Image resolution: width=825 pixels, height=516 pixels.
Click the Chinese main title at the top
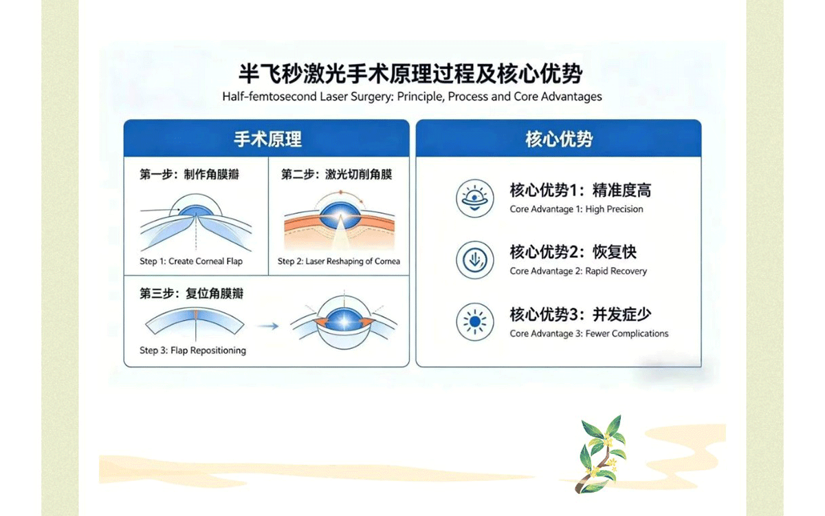tap(410, 74)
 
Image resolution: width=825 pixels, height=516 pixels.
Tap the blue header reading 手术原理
tap(267, 138)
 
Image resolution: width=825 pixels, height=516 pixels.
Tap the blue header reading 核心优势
tap(558, 138)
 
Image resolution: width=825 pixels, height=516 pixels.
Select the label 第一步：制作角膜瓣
tap(189, 174)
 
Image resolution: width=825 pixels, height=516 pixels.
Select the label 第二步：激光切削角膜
tap(337, 174)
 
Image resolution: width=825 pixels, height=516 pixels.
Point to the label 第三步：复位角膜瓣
tap(191, 293)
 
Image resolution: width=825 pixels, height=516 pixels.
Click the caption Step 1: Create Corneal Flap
tap(191, 261)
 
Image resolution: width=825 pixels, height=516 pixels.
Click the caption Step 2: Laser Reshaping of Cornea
tap(338, 261)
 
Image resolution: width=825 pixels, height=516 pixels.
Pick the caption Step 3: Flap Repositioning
tap(192, 350)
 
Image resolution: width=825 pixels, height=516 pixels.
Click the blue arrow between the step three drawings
tap(267, 326)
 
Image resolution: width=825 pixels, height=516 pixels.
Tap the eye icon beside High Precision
tap(475, 198)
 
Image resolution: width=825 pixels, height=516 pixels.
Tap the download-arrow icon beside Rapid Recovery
tap(475, 260)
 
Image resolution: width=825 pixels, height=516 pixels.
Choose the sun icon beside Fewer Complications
tap(475, 322)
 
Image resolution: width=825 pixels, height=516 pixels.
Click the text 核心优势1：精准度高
tap(580, 190)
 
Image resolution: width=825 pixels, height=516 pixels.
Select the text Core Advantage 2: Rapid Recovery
tap(578, 271)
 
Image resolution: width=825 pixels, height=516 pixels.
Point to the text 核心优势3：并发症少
tap(580, 314)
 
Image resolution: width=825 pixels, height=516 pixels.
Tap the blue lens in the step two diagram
tap(340, 215)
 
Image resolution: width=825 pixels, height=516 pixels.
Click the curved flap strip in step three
tap(195, 321)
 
